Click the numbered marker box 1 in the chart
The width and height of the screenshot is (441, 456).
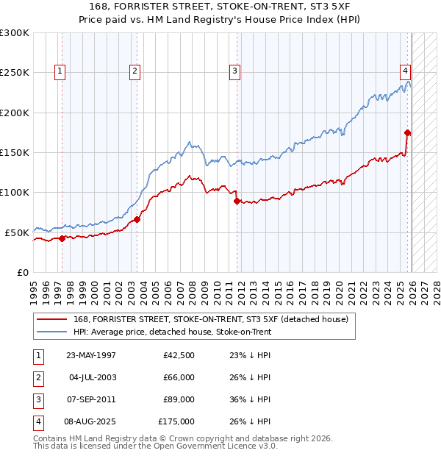[x=60, y=71]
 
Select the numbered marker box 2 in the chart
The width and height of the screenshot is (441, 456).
[x=135, y=71]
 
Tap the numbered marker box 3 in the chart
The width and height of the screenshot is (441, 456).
[x=234, y=71]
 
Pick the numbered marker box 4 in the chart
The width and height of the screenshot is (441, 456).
[x=405, y=71]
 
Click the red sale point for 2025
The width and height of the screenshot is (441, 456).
[x=408, y=133]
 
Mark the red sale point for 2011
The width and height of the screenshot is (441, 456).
[x=237, y=201]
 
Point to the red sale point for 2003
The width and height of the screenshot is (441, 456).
[x=137, y=219]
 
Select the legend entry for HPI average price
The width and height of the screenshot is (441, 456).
[x=173, y=332]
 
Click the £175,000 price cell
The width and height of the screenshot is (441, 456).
[x=176, y=422]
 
